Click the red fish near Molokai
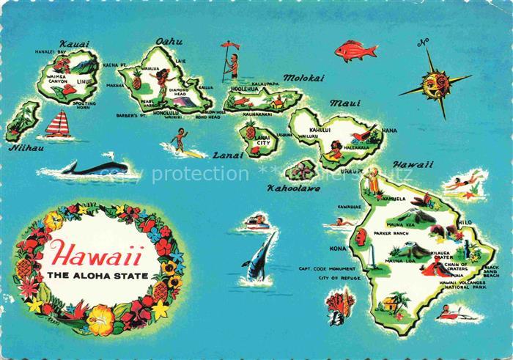(x=355, y=51)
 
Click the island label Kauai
(x=73, y=44)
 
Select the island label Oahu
(x=169, y=42)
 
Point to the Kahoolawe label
(x=293, y=188)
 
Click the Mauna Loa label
(x=401, y=260)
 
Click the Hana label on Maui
(x=389, y=131)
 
